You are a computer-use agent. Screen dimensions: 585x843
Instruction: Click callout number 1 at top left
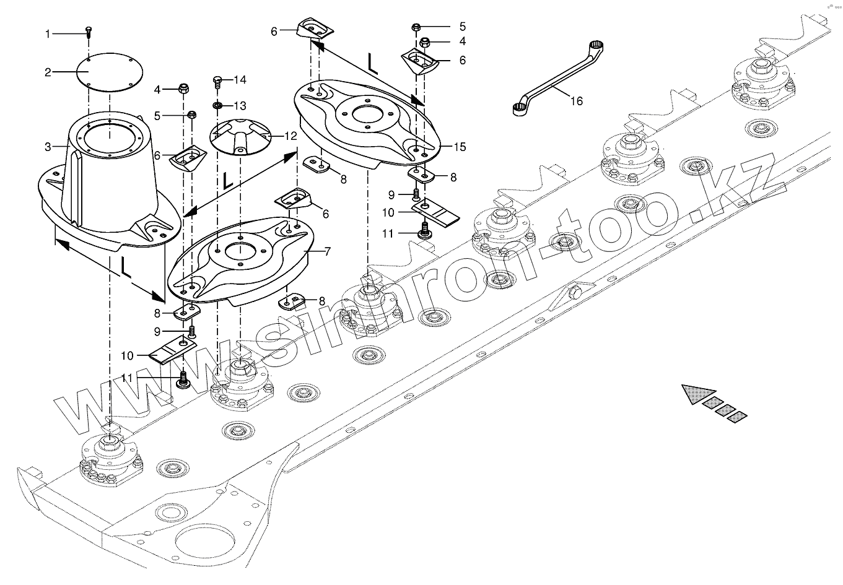click(x=48, y=33)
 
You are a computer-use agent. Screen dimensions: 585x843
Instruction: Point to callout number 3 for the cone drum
click(x=48, y=147)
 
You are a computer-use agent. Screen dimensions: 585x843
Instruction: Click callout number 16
click(x=576, y=101)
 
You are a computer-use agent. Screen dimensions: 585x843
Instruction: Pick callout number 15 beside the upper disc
click(x=459, y=147)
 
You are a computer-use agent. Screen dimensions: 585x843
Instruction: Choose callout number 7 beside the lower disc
click(x=327, y=251)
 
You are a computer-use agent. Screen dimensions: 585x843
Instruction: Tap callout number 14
click(x=240, y=80)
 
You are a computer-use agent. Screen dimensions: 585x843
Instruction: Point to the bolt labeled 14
click(x=217, y=80)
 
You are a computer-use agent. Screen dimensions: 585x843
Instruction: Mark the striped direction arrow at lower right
click(x=715, y=403)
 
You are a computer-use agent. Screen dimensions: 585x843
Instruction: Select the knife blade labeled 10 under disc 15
click(x=437, y=214)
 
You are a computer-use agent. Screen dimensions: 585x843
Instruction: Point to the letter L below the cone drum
click(x=125, y=267)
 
